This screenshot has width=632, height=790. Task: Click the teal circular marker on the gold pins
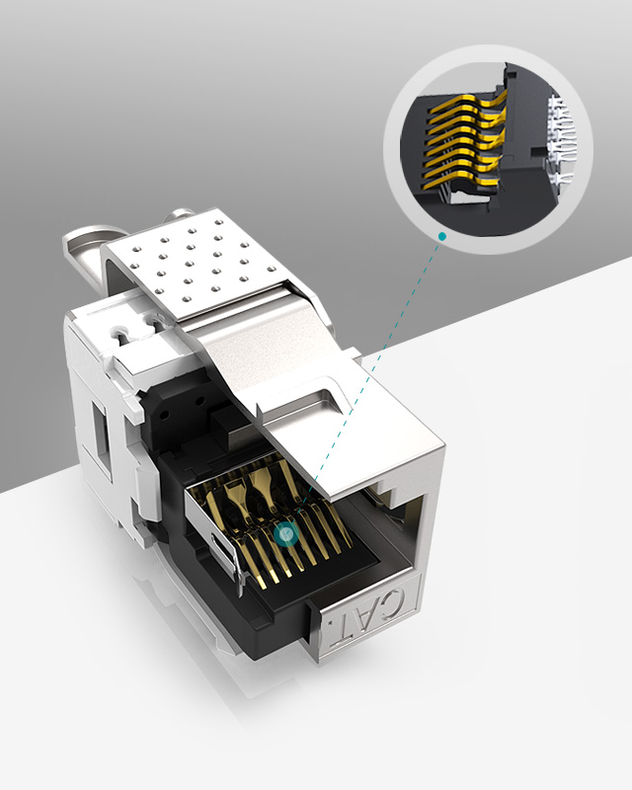point(287,534)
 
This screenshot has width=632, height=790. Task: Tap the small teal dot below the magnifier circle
point(443,236)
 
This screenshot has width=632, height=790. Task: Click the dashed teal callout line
point(365,385)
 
